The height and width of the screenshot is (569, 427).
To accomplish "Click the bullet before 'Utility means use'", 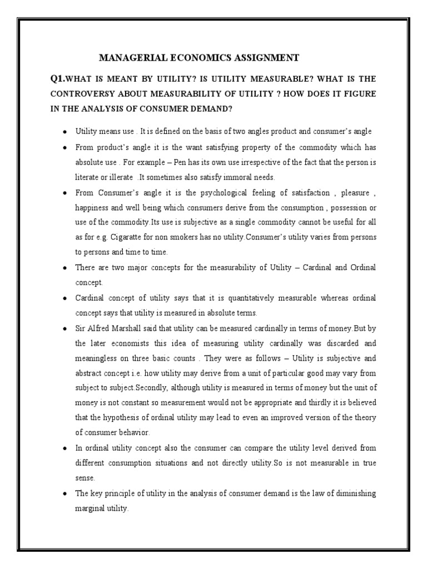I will tap(65, 132).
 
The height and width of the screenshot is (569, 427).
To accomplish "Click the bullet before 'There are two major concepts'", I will tap(65, 268).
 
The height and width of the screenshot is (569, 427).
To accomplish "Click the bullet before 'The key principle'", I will tap(65, 493).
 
